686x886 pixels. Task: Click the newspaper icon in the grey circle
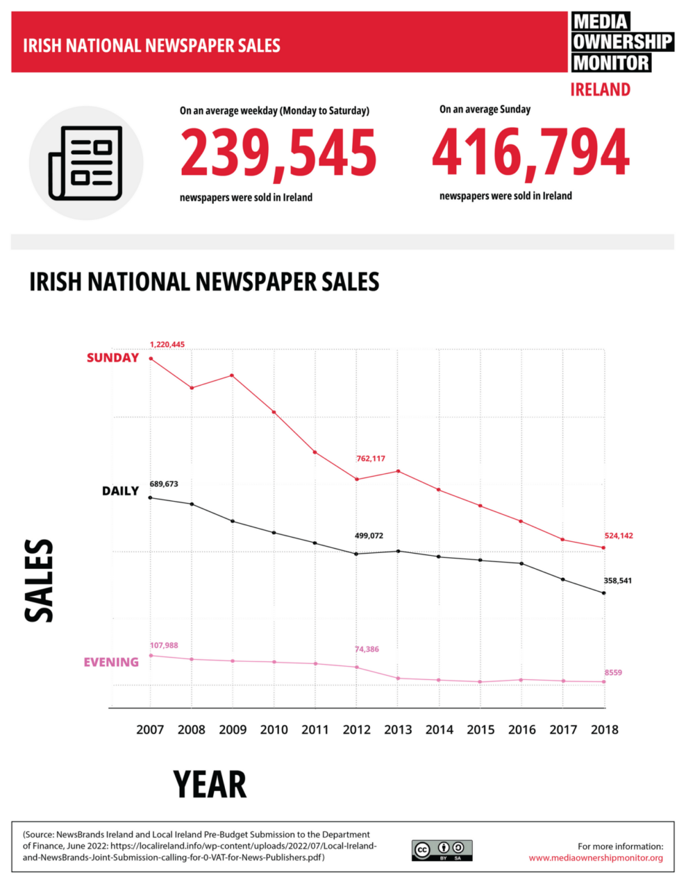click(85, 163)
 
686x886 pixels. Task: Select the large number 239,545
click(278, 153)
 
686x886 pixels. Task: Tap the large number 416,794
click(530, 153)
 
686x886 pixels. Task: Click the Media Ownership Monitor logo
click(621, 42)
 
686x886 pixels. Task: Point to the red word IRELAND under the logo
click(600, 90)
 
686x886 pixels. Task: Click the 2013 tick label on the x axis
click(398, 729)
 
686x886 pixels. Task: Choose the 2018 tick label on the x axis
click(604, 729)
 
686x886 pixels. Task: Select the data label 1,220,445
click(167, 344)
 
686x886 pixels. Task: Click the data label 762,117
click(371, 459)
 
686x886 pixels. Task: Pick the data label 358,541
click(617, 580)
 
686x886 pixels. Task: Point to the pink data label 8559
click(613, 672)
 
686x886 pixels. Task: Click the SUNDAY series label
click(112, 358)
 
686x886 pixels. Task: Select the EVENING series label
click(111, 662)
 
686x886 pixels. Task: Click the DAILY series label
click(120, 491)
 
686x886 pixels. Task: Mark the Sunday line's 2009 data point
click(232, 375)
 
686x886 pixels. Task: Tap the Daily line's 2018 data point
click(603, 593)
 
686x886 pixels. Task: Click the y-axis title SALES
click(39, 581)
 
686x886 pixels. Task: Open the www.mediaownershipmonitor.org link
click(596, 858)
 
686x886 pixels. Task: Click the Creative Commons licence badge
click(442, 850)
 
